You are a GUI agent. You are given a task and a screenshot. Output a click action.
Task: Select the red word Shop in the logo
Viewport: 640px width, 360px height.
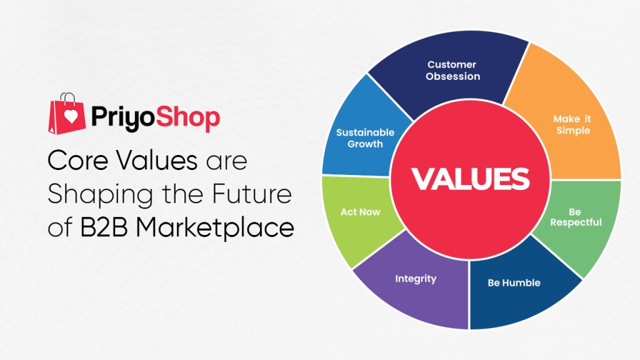(187, 117)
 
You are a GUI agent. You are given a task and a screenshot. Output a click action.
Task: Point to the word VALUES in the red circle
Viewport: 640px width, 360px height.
(470, 179)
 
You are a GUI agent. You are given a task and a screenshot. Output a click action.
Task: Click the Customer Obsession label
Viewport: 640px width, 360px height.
(452, 70)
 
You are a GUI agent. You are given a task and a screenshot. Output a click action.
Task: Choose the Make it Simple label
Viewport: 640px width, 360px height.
(572, 124)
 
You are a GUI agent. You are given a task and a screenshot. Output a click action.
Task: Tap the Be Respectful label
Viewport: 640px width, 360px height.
(576, 217)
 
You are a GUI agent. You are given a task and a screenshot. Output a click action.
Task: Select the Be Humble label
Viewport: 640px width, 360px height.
(514, 283)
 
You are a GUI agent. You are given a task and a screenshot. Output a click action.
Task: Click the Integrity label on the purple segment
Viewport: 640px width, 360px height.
(416, 279)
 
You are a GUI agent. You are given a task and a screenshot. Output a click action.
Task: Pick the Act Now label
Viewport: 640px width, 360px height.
(361, 212)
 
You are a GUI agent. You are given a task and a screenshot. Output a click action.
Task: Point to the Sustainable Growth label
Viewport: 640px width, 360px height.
(365, 138)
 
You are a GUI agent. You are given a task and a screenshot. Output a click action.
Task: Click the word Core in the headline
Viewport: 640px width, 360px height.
(78, 160)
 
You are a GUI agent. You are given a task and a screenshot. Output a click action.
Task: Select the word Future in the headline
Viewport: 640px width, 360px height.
(252, 193)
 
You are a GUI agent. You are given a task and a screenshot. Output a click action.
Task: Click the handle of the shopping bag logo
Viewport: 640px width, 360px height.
(68, 97)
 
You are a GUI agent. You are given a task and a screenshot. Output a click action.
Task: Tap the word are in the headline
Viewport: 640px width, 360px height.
(226, 162)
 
